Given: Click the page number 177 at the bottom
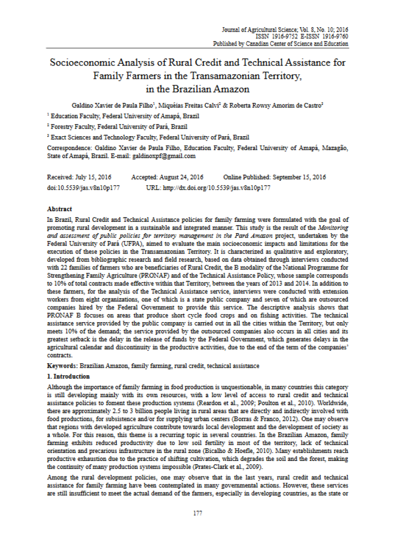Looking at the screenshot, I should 197,513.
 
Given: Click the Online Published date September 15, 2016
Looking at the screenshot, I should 296,177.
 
